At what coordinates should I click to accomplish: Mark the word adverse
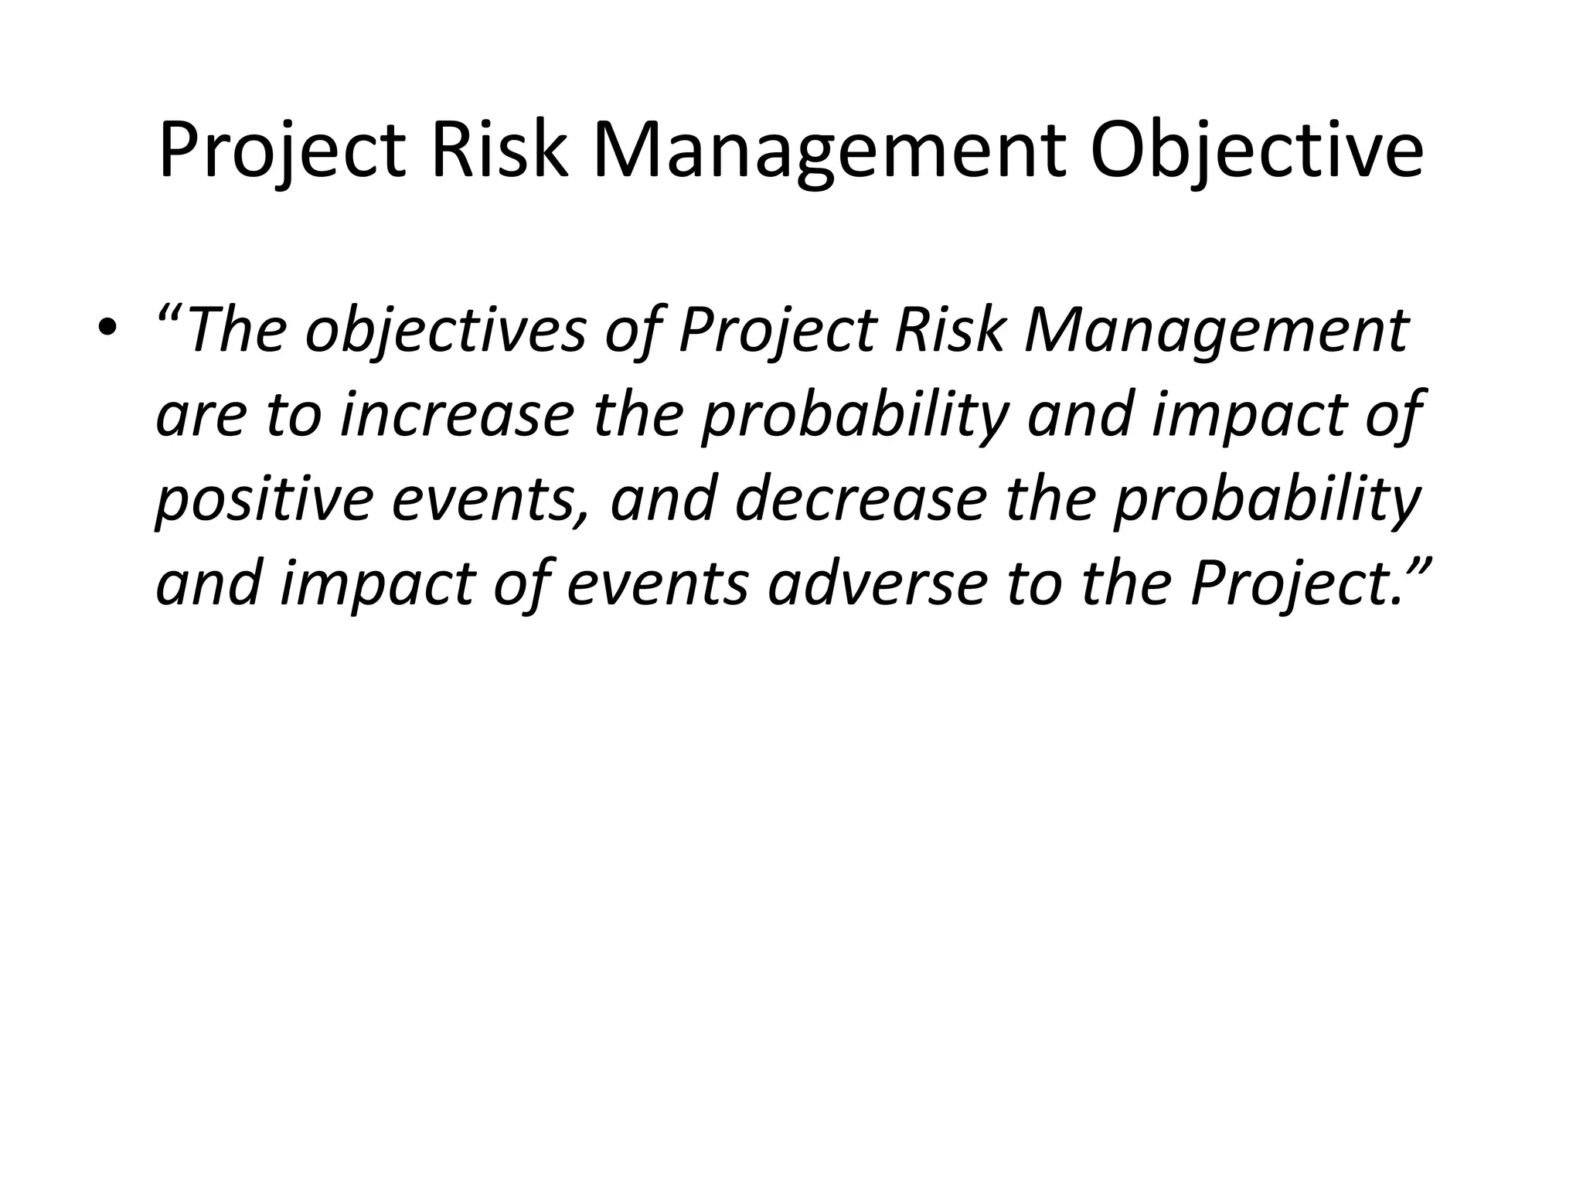tap(877, 583)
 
